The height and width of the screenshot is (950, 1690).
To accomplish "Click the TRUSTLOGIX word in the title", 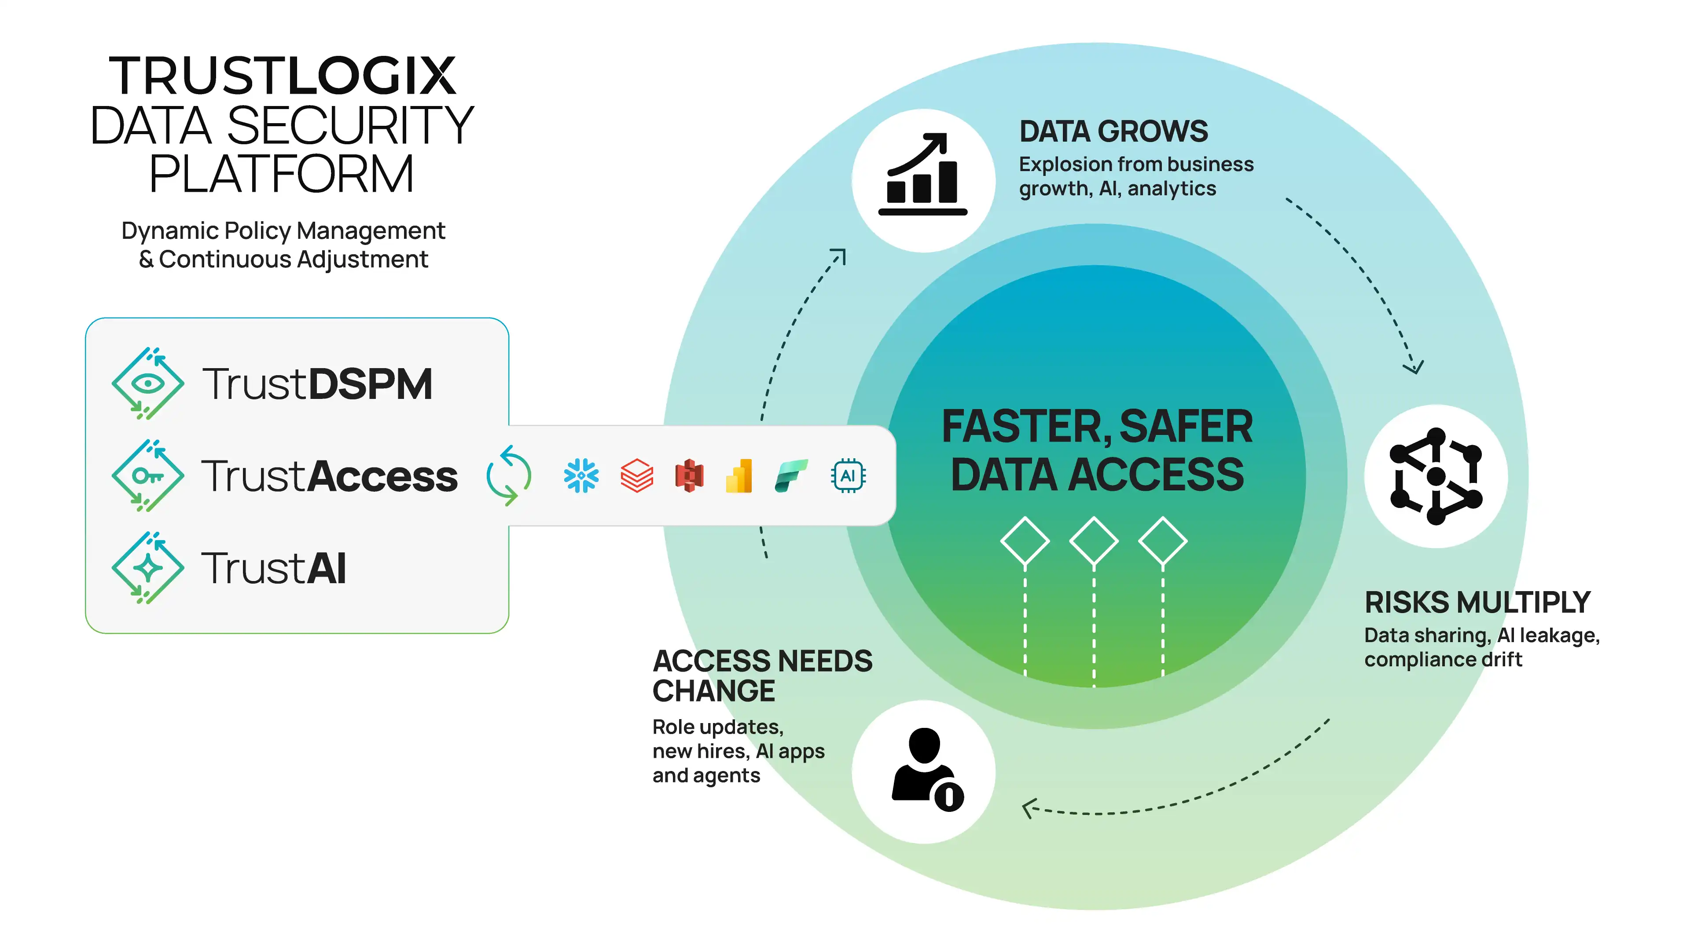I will tap(282, 76).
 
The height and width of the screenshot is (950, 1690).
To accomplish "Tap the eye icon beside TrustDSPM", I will tap(147, 384).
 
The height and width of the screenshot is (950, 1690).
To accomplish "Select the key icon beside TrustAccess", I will tap(147, 475).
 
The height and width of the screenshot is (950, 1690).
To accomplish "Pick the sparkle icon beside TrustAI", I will tap(147, 568).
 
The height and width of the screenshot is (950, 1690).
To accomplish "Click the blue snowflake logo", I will tap(581, 475).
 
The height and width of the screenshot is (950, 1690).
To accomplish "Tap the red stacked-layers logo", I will tap(636, 475).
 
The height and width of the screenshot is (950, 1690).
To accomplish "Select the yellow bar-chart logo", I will tap(739, 476).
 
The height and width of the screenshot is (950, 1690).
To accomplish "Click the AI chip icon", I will tap(848, 475).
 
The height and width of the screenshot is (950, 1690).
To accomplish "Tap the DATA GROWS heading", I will tap(1113, 131).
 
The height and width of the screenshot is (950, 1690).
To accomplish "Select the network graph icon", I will tap(1436, 476).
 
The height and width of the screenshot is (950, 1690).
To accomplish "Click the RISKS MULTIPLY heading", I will tap(1477, 602).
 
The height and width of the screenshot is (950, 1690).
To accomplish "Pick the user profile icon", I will tap(925, 771).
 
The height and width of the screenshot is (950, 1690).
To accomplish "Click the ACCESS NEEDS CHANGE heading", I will tap(762, 675).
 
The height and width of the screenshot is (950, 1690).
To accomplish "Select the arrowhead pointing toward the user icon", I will tap(1028, 808).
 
